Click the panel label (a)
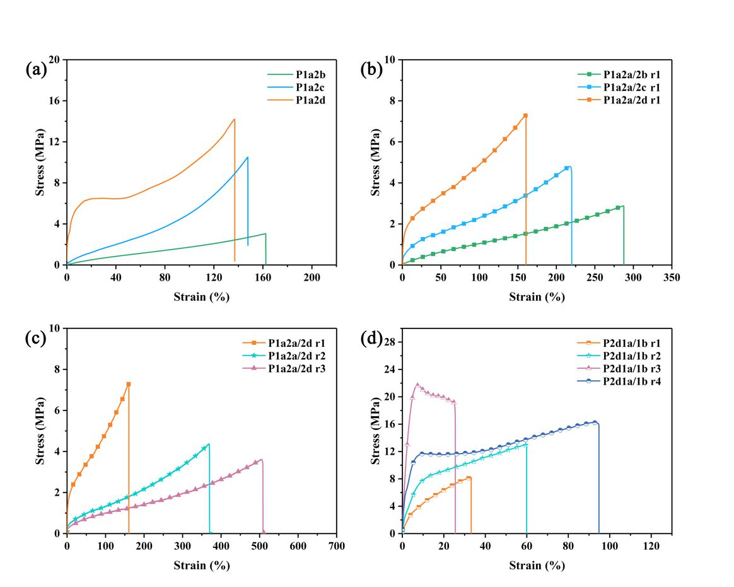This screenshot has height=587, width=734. (x=36, y=69)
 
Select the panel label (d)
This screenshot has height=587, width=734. (x=371, y=339)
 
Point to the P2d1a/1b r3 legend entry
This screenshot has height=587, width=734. (x=633, y=368)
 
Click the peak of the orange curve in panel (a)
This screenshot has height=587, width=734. (x=235, y=119)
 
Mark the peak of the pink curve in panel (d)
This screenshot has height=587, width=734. (x=417, y=384)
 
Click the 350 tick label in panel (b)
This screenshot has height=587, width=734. (x=672, y=277)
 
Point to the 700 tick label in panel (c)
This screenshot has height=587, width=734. (x=337, y=546)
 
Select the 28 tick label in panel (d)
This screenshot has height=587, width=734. (x=390, y=341)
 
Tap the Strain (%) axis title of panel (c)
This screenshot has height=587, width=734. (x=202, y=566)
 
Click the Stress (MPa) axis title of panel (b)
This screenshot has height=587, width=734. (x=376, y=162)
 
